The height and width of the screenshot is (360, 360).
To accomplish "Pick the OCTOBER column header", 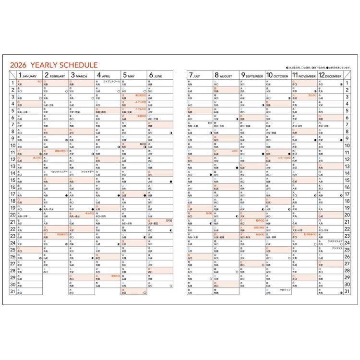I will pyautogui.click(x=277, y=75).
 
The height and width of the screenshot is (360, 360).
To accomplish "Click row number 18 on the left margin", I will pyautogui.click(x=12, y=202).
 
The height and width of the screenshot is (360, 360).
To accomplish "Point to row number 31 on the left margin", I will pyautogui.click(x=12, y=291).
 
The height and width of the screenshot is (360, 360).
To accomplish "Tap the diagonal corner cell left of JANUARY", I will pyautogui.click(x=12, y=75).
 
